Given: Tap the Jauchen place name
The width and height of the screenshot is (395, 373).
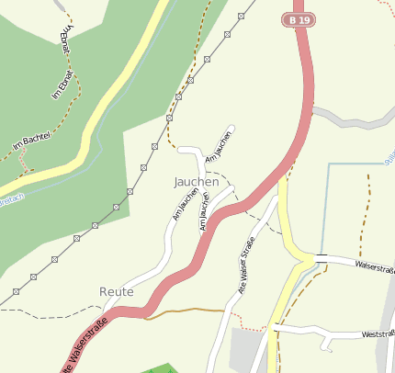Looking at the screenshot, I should (196, 182).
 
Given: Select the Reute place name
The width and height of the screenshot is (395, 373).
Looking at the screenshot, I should (117, 291).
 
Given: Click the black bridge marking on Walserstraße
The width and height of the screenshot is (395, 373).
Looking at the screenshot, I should (321, 258).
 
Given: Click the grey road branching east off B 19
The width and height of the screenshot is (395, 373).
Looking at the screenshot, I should (354, 119).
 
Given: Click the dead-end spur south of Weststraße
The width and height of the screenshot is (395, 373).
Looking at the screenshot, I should (327, 344).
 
